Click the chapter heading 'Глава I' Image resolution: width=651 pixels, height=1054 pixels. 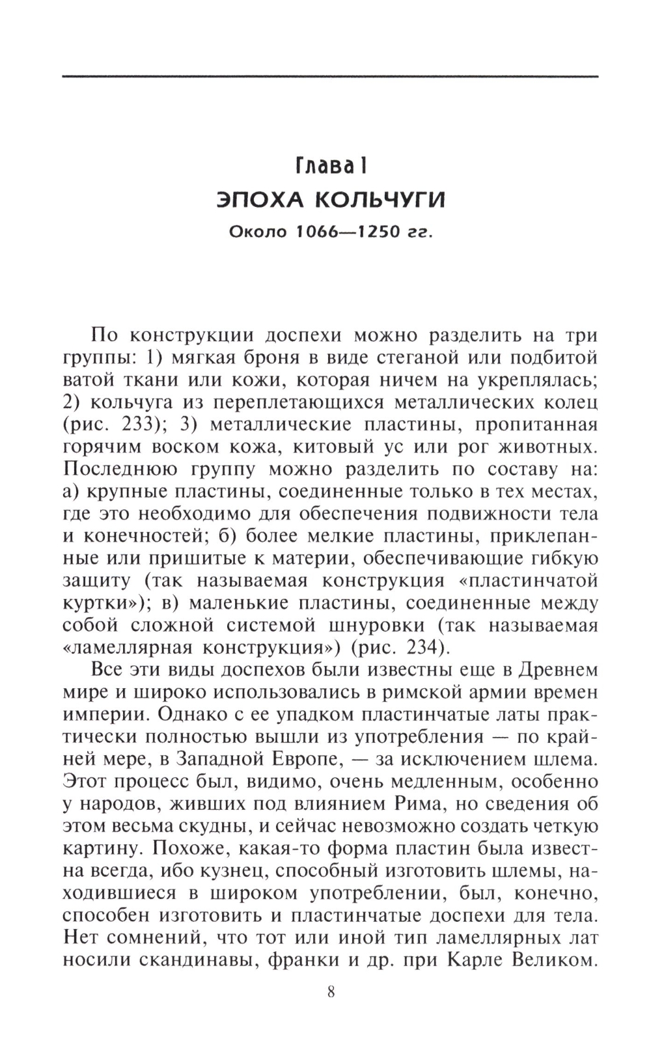pyautogui.click(x=331, y=167)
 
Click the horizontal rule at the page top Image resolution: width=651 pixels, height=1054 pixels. pyautogui.click(x=331, y=77)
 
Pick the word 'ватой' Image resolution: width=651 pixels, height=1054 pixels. pyautogui.click(x=87, y=380)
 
